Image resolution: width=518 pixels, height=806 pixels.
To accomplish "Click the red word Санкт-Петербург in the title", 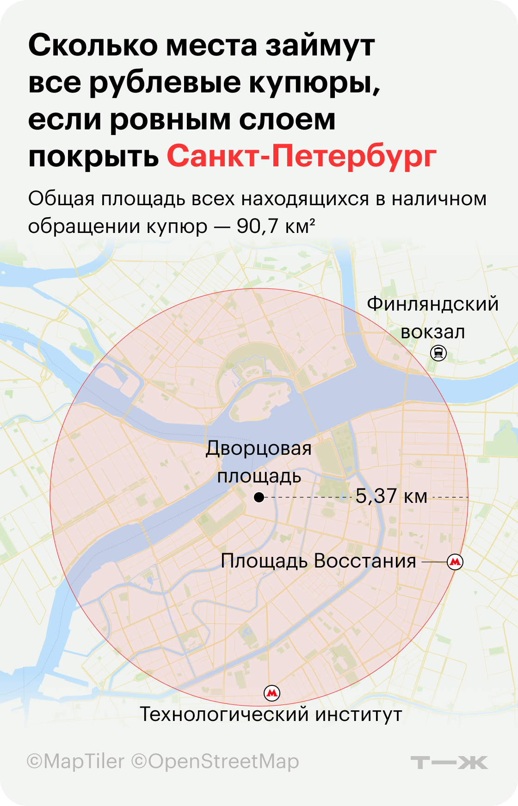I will click(x=302, y=157).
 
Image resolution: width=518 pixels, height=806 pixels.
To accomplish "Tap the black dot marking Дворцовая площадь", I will click(x=259, y=498).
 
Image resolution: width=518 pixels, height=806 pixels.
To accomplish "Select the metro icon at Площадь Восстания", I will click(x=455, y=562).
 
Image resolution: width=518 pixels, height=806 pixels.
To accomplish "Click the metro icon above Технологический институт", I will click(x=272, y=693).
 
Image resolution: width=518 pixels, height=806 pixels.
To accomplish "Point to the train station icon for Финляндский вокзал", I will click(x=438, y=354).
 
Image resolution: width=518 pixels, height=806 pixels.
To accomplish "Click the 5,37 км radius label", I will click(x=391, y=496).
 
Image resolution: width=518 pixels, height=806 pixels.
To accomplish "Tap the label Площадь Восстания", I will click(x=318, y=561).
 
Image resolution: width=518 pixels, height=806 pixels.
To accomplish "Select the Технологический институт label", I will click(x=271, y=714).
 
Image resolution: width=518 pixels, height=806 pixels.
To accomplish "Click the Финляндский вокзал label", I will click(x=433, y=318).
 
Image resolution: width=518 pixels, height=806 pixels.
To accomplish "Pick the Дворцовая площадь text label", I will click(x=259, y=462).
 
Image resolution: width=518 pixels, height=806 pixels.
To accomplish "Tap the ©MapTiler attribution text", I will click(x=76, y=762).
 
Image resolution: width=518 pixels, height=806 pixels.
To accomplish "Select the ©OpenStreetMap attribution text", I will click(x=216, y=762).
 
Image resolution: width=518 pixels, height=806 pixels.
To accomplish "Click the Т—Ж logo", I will click(x=449, y=763).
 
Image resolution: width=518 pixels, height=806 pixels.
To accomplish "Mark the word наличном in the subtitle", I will click(x=439, y=199).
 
